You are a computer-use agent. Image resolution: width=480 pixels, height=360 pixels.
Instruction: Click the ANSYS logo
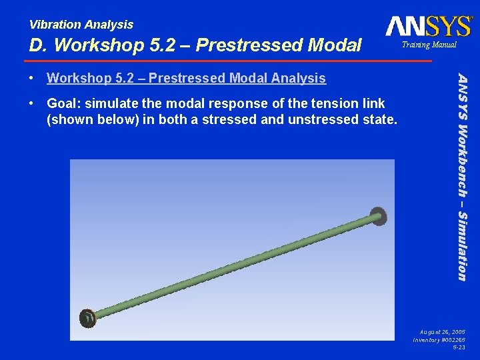(x=428, y=26)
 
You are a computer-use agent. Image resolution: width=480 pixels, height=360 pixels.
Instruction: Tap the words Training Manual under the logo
(x=429, y=45)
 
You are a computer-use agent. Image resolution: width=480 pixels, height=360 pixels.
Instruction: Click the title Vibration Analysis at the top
(x=81, y=25)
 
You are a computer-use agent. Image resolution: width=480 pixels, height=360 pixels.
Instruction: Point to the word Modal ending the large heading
(x=336, y=45)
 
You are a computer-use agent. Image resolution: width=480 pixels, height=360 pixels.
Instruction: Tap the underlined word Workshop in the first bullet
(x=74, y=79)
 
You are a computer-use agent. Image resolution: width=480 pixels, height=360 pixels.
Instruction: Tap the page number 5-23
(x=459, y=348)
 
